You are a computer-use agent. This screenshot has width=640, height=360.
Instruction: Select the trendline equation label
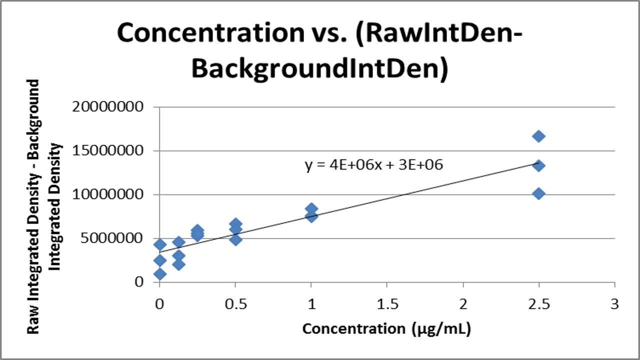coord(374,165)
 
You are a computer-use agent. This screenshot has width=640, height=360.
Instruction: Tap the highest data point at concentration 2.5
coord(538,136)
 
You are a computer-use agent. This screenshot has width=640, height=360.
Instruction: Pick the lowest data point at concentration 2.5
coord(538,193)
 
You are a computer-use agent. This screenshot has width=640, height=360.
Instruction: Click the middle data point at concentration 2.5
coord(538,165)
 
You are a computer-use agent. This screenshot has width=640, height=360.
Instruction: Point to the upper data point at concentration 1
coord(311,209)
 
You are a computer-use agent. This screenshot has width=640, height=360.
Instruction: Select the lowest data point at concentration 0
coord(160,273)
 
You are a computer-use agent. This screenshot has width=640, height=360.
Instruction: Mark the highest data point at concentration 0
coord(160,244)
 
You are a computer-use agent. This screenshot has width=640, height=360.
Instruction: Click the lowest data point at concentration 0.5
coord(236,239)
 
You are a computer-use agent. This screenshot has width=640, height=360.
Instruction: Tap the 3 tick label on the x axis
coord(614,304)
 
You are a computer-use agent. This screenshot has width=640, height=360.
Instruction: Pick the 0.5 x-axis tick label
coord(235,304)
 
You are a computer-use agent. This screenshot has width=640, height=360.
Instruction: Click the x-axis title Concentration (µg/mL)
coord(386,329)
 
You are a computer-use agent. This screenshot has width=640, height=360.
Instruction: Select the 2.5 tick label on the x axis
coord(538,304)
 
